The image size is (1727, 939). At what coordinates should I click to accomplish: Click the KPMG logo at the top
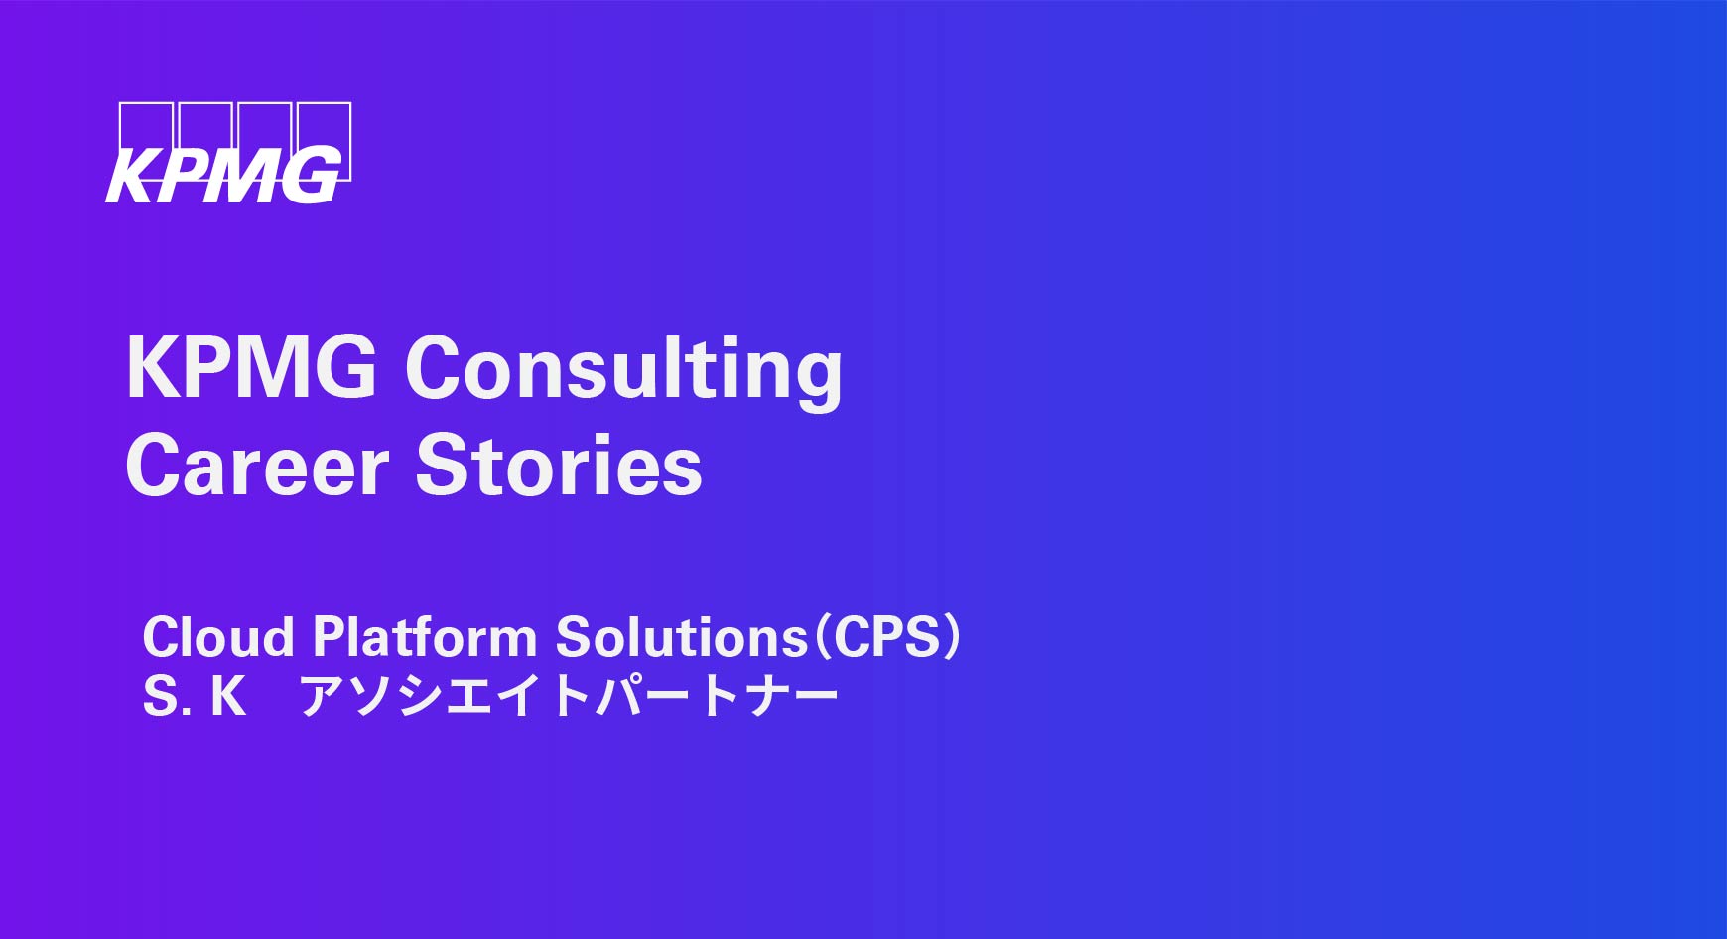click(x=228, y=154)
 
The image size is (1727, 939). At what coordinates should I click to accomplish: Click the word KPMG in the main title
click(x=252, y=367)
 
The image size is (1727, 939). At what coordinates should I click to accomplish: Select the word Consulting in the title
click(x=623, y=371)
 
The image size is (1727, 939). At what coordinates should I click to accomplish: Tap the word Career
click(x=257, y=466)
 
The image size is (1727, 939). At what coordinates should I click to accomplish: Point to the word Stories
click(x=559, y=466)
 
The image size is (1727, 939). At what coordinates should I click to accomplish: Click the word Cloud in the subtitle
click(x=218, y=636)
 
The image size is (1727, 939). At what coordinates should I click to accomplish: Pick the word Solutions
click(x=682, y=636)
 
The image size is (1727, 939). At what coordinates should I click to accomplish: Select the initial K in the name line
click(x=228, y=696)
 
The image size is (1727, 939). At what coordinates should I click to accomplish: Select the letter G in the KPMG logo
click(x=311, y=177)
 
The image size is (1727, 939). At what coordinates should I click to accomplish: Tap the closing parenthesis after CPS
click(x=952, y=636)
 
